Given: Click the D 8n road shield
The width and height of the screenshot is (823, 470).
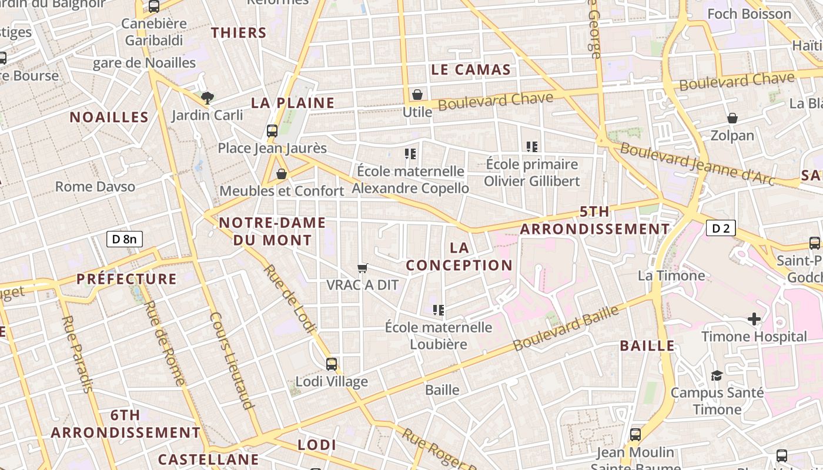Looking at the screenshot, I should tap(125, 239).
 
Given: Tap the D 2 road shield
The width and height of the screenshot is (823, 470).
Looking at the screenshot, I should tap(721, 228).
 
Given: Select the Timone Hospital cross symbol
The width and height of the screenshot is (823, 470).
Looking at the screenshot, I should tap(754, 319).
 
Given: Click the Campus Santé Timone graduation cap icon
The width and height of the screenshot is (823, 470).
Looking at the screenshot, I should tap(717, 375).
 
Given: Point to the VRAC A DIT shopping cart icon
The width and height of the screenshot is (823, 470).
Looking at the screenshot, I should tap(363, 268).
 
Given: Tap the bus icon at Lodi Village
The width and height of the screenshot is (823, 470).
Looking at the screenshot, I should tap(332, 364).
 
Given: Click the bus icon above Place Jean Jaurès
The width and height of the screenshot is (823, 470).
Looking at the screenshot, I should tap(272, 131).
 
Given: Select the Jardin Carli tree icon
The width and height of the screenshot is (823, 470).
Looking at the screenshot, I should tap(207, 98).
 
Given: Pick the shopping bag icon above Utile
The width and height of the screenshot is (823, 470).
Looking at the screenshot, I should tap(417, 95).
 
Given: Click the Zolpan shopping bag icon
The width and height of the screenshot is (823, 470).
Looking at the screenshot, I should tap(732, 119).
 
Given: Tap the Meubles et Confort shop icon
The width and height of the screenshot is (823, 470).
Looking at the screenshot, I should tap(282, 174).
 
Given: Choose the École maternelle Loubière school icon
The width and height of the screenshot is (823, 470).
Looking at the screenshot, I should tap(438, 310).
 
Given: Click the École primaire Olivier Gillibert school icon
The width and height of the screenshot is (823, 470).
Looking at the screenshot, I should tap(532, 146).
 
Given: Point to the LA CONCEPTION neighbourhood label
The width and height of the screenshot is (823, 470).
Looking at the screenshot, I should tap(459, 257).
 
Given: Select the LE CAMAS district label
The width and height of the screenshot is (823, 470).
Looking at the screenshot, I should tap(471, 70).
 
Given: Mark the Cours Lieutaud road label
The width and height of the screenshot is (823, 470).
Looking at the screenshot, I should tap(232, 360).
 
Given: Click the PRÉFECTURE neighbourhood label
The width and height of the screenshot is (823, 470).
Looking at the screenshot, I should tap(126, 279).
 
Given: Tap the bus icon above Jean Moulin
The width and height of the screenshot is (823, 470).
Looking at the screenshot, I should tap(635, 435).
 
